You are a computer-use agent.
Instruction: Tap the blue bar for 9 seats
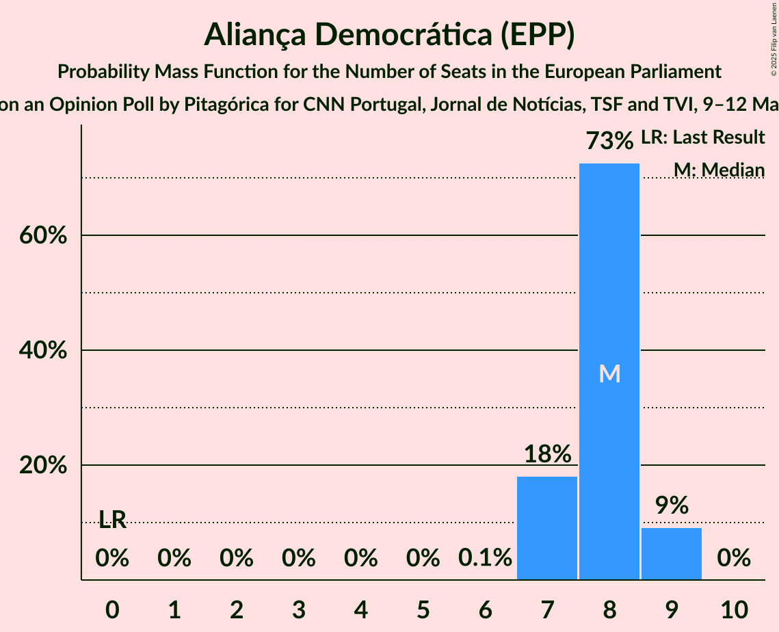(671, 553)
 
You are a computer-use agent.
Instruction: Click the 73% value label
(609, 141)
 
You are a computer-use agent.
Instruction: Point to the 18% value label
(547, 453)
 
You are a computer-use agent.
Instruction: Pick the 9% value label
(671, 505)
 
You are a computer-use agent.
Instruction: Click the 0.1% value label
(485, 558)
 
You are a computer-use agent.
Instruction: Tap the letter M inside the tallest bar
(609, 373)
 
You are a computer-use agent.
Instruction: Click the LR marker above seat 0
(113, 520)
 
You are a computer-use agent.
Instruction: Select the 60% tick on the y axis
(42, 236)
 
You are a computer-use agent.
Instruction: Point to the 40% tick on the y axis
(42, 351)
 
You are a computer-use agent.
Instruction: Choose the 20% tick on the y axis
(42, 466)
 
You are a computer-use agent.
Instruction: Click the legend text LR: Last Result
(702, 137)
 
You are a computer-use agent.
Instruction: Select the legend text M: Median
(719, 170)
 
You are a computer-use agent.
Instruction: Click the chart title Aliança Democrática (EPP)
(389, 35)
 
